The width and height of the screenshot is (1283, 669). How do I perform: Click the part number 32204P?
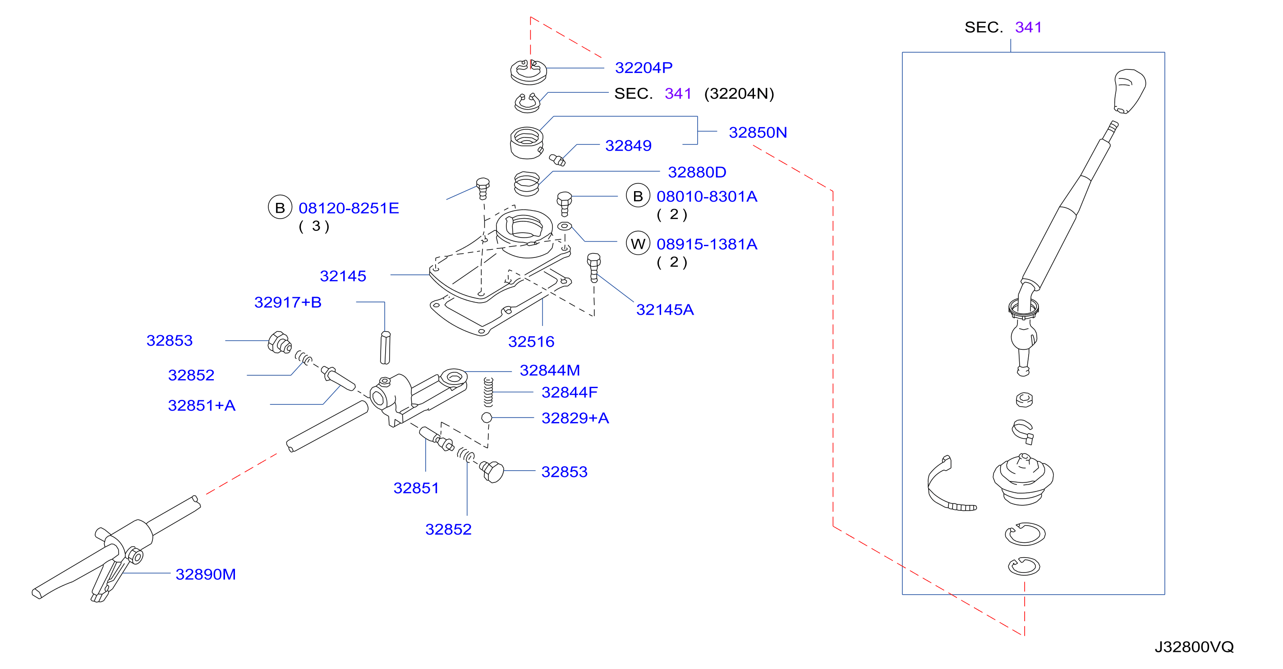pos(644,68)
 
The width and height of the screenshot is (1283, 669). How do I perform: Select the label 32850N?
pos(758,133)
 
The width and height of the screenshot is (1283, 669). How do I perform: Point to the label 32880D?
pos(697,172)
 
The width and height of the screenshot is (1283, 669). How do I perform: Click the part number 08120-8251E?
pos(349,208)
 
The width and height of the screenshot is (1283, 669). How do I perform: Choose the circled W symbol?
pos(638,243)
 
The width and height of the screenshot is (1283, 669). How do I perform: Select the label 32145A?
pos(665,310)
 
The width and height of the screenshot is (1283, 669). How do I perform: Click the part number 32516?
pos(531,341)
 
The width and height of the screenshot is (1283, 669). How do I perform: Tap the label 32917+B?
pos(288,302)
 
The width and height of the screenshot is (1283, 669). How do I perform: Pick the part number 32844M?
pos(550,371)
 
